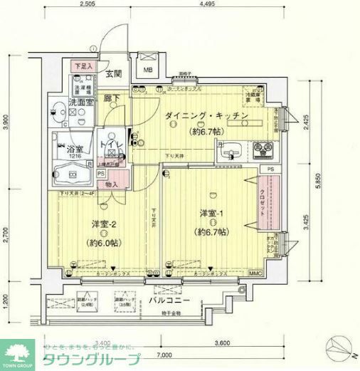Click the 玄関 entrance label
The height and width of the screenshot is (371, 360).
(x=115, y=73)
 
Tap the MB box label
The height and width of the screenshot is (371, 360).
(x=148, y=70)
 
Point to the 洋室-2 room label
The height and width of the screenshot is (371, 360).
(x=103, y=225)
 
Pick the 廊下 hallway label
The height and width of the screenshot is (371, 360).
(x=110, y=98)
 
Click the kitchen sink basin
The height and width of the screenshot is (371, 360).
(x=233, y=152)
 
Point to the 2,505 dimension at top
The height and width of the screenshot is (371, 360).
(x=88, y=4)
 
